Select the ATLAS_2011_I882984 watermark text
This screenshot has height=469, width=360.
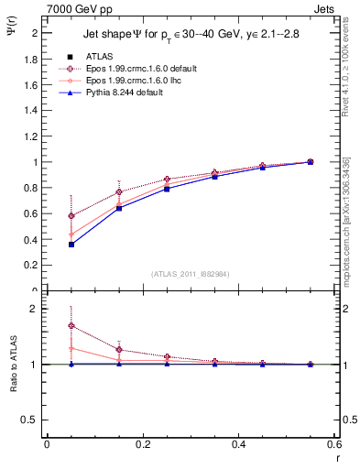click(191, 274)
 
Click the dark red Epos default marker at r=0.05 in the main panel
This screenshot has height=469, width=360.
click(46, 216)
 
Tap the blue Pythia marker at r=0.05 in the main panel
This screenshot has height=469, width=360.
click(46, 244)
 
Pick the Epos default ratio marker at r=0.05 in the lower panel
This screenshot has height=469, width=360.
click(46, 325)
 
